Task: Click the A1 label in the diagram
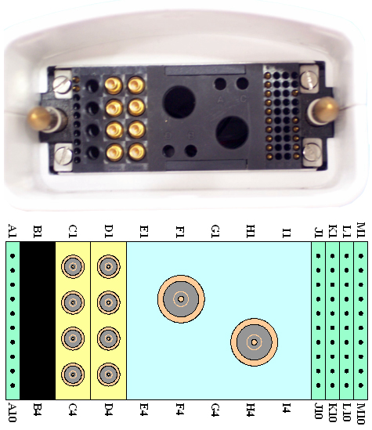13,230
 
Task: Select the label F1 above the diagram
180,232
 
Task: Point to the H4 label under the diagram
251,410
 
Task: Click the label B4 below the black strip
38,410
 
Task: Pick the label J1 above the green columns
319,233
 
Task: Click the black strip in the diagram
38,320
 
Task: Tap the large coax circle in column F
181,299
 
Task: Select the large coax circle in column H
254,342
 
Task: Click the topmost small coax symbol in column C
73,266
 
